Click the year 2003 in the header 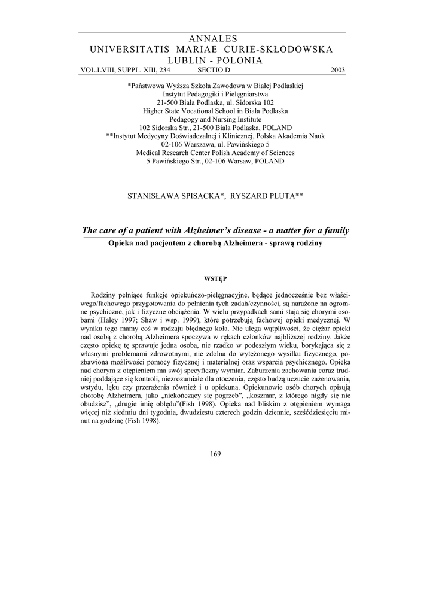point(338,70)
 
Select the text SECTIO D point(214,70)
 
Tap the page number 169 point(216,453)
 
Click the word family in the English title point(336,230)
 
